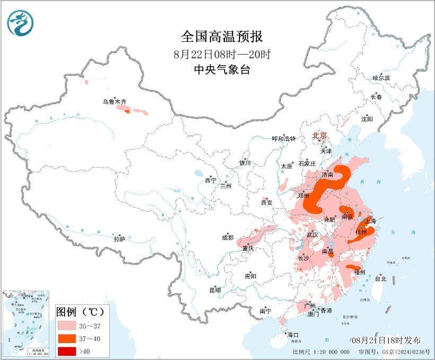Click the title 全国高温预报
coord(221,37)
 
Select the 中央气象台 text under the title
coord(221,69)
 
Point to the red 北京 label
coord(320,135)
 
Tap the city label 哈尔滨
coord(381,78)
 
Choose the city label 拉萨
coord(119,239)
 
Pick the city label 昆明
coord(215,290)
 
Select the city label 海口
coord(293,335)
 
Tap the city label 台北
coord(380,278)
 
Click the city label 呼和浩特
coord(283,138)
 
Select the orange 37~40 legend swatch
coord(68,338)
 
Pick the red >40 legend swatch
coord(68,350)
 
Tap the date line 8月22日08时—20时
coord(221,54)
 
